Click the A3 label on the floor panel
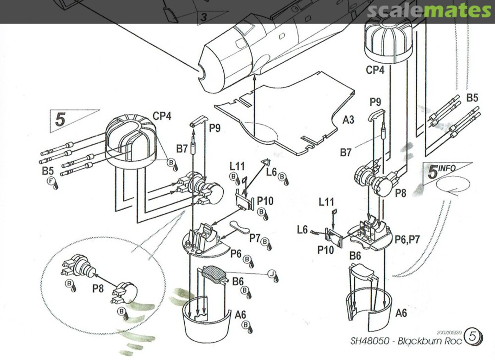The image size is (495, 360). pyautogui.click(x=348, y=120)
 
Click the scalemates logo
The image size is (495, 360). pyautogui.click(x=429, y=11)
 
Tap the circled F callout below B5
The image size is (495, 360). pyautogui.click(x=51, y=181)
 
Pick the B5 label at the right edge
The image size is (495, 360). pyautogui.click(x=472, y=98)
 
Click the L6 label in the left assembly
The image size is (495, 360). pyautogui.click(x=271, y=171)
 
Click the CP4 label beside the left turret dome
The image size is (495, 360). pyautogui.click(x=162, y=116)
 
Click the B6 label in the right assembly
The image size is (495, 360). pyautogui.click(x=355, y=256)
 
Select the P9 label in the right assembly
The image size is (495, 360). pyautogui.click(x=376, y=101)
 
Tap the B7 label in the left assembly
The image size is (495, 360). pyautogui.click(x=182, y=148)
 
